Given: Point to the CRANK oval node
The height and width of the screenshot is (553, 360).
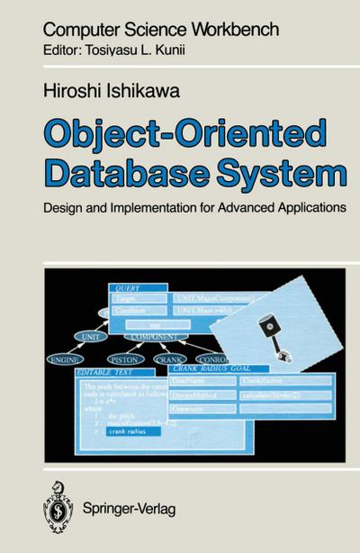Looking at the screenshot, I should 170,358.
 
